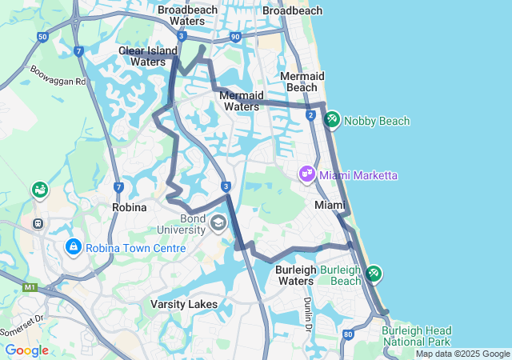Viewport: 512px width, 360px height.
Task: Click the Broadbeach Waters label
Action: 187,15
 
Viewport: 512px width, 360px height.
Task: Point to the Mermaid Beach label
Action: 302,81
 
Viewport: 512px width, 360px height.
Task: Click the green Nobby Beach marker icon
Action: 332,121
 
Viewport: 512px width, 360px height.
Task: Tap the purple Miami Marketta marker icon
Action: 307,174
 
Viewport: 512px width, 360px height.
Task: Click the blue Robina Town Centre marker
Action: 74,247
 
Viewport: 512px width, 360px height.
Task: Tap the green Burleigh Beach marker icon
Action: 373,274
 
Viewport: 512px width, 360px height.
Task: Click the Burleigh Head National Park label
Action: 416,336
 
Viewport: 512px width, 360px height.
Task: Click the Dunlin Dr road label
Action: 307,314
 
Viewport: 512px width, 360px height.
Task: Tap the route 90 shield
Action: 234,37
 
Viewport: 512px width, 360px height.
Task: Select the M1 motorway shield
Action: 30,286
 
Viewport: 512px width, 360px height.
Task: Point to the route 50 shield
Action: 42,37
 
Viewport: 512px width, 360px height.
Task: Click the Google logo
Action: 26,350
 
